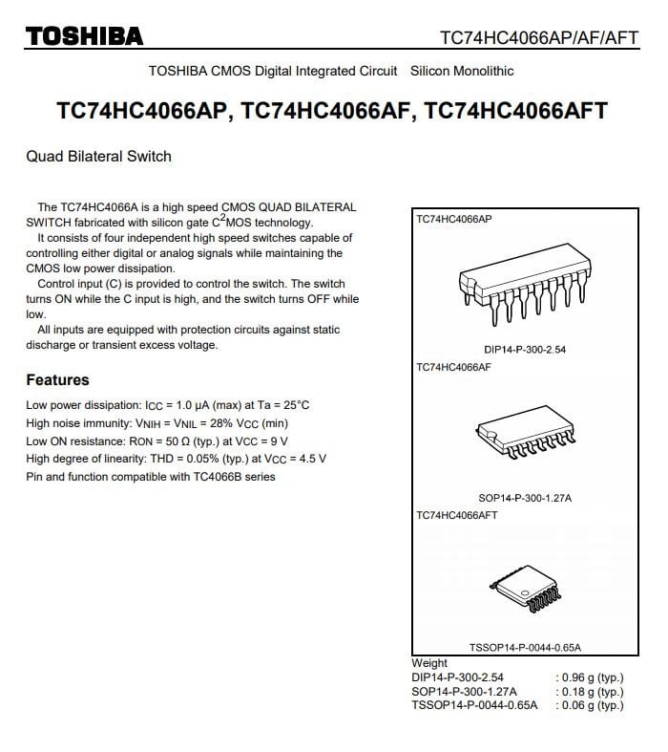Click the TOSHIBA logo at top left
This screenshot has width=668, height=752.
pos(84,36)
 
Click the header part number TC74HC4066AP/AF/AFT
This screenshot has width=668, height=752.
pos(537,37)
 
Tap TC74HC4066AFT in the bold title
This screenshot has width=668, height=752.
pos(516,110)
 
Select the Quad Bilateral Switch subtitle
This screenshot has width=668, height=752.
pos(98,156)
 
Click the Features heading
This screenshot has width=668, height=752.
pos(57,379)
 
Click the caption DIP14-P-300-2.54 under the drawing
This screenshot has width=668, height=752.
pos(525,350)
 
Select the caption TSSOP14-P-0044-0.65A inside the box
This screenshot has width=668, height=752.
pos(525,647)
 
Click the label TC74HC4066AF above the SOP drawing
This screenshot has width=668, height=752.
pos(453,367)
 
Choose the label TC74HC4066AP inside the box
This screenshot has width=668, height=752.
pos(453,219)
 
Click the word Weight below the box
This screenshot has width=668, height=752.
pos(429,662)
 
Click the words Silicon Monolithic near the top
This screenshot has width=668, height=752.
pos(462,71)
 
